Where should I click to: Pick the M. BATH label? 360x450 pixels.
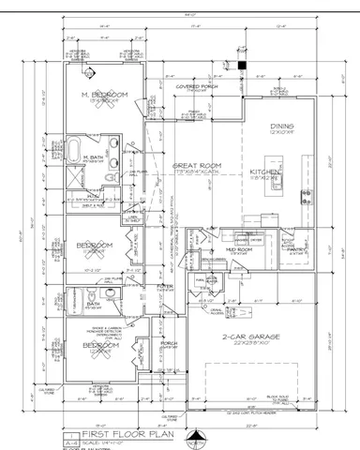pos(92,157)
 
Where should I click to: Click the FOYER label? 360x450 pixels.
pos(166,287)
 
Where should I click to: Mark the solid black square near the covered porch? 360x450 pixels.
pos(241,66)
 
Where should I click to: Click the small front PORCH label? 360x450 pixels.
pos(170,343)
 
